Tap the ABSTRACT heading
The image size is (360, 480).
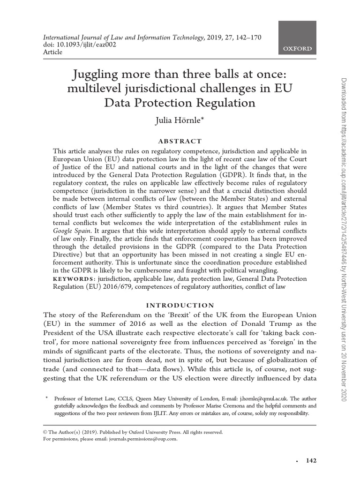point(180,141)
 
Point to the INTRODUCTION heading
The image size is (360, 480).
point(180,305)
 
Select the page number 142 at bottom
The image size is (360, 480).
point(311,461)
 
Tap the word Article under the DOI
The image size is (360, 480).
point(52,52)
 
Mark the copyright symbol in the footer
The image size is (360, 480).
point(45,432)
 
